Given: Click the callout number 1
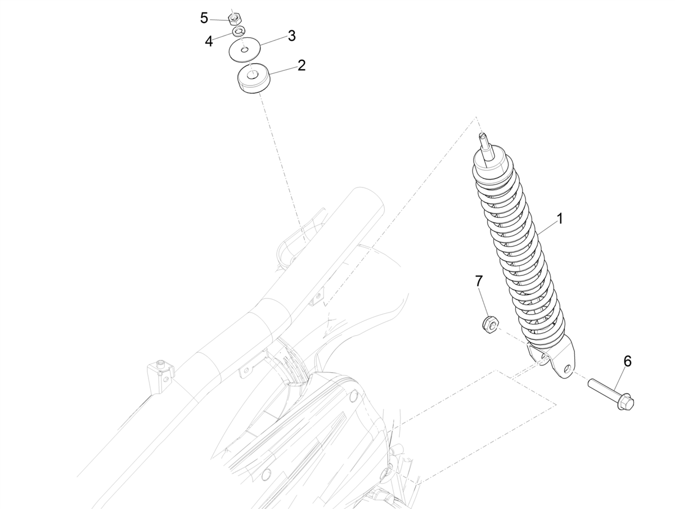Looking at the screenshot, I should click(560, 218).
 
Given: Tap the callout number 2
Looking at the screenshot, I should click(301, 65).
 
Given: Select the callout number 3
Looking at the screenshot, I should click(291, 36).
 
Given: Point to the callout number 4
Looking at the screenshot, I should click(209, 41).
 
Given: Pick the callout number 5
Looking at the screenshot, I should click(204, 18).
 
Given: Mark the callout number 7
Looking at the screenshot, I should click(479, 280).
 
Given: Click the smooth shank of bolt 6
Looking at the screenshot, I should click(602, 389).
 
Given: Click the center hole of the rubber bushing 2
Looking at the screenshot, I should click(253, 73).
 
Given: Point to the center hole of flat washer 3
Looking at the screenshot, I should click(244, 50).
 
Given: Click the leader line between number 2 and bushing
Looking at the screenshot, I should click(284, 70).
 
